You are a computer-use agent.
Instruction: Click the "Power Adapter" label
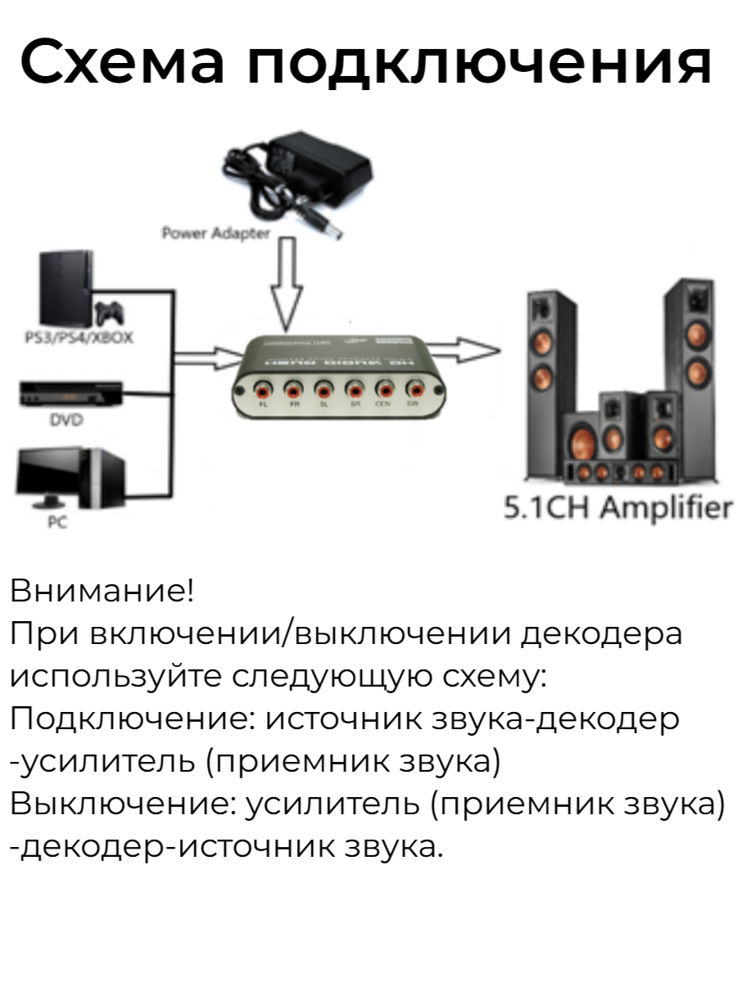(x=215, y=233)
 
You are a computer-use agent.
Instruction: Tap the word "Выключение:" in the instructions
(x=122, y=804)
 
